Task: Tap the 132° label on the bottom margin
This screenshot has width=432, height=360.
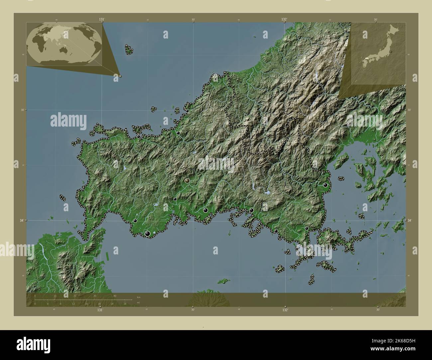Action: tap(285, 310)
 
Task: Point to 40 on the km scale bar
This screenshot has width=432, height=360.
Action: tap(115, 296)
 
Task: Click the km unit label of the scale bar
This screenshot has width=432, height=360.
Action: tap(138, 297)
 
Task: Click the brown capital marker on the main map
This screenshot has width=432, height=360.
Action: tap(187, 181)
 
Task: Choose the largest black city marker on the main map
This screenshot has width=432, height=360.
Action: tap(148, 234)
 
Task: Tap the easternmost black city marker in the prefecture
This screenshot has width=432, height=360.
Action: tap(325, 185)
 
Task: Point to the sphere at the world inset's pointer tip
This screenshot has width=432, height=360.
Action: tap(120, 76)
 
